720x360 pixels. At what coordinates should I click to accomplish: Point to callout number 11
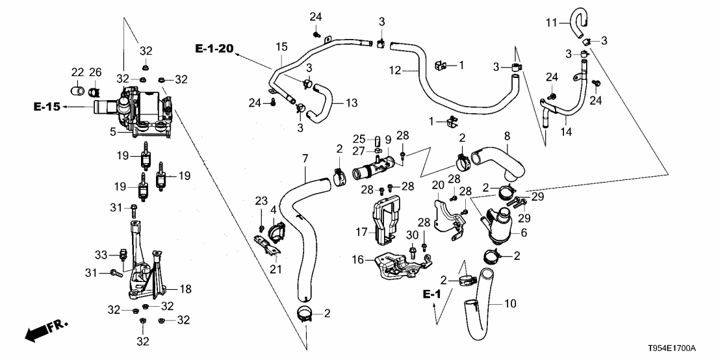(x=551, y=23)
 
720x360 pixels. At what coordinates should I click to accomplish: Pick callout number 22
(x=77, y=72)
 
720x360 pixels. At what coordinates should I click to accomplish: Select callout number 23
(x=261, y=200)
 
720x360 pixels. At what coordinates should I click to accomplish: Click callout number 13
(x=352, y=103)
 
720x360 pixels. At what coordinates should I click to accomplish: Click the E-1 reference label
(x=432, y=295)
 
